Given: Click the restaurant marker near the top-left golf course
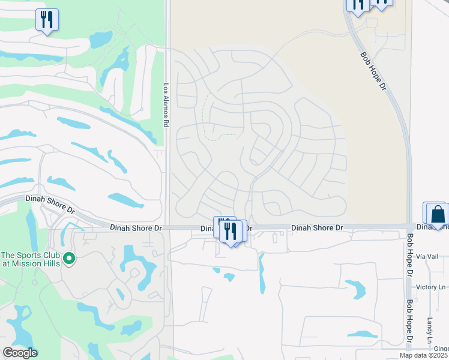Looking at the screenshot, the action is point(47,19).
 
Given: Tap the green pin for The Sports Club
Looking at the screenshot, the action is point(70,259).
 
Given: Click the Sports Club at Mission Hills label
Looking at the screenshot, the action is point(31,259).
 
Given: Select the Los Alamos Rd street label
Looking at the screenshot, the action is point(166,104).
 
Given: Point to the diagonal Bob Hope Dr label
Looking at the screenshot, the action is point(373,71).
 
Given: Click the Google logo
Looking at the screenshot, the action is point(20,353).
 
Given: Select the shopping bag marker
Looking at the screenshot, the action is point(438,214).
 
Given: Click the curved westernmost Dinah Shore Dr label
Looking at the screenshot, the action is point(50,204).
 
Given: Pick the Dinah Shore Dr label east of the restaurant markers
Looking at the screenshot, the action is point(317,228).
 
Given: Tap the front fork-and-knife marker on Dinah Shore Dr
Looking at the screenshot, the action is point(231,232).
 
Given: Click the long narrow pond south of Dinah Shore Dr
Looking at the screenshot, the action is point(262,274).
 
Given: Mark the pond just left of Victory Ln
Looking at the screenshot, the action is point(356,289).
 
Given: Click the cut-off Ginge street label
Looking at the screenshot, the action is point(441,349).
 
